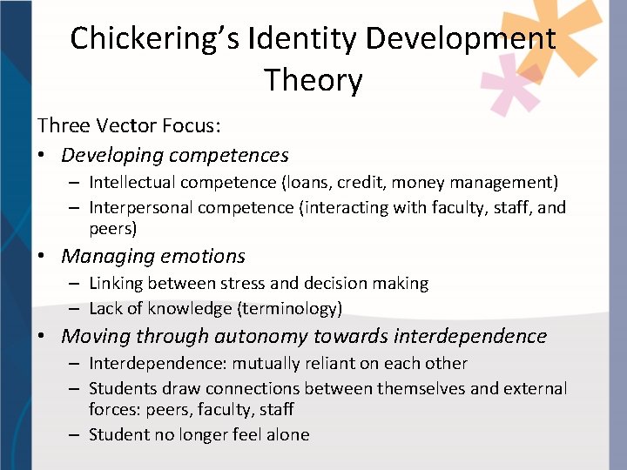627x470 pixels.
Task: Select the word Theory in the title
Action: pyautogui.click(x=313, y=80)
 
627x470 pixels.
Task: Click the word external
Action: pyautogui.click(x=535, y=388)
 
